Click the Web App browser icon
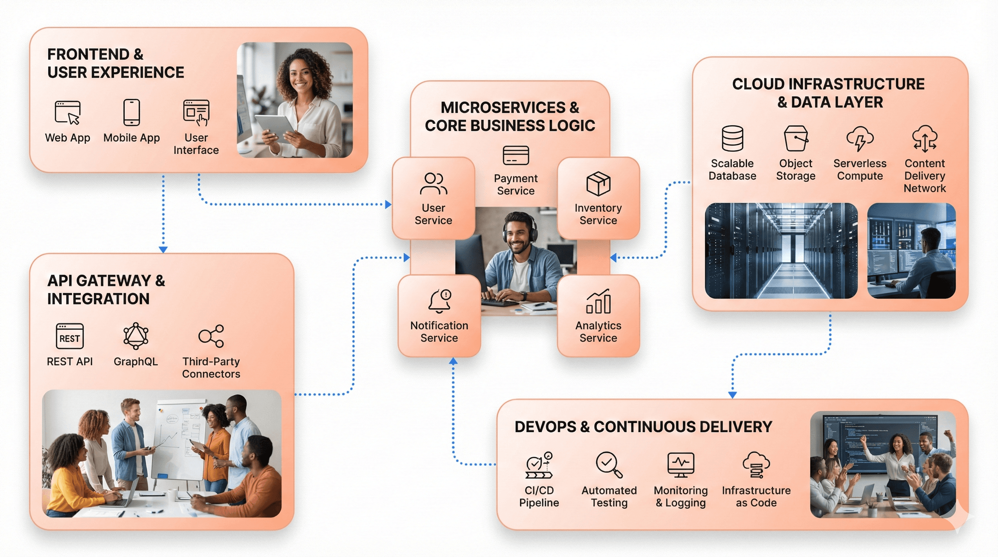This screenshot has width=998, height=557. [68, 112]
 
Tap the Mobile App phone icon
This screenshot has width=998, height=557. [131, 112]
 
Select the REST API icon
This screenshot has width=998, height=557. [70, 336]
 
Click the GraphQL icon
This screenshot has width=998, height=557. [136, 336]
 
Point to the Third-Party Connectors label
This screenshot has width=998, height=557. [211, 367]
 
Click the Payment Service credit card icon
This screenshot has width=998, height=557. [516, 155]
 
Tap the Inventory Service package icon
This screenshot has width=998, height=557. [598, 183]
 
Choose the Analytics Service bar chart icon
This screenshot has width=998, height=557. [598, 301]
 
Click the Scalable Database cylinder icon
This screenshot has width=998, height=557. [732, 138]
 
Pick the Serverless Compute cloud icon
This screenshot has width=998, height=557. [860, 138]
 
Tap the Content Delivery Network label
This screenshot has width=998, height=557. [924, 176]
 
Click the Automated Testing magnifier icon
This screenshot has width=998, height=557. [609, 465]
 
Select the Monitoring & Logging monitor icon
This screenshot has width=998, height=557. [681, 465]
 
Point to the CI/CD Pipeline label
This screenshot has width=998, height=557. [539, 496]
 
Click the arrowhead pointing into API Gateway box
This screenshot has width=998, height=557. [163, 249]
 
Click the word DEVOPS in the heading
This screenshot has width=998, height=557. [545, 427]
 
